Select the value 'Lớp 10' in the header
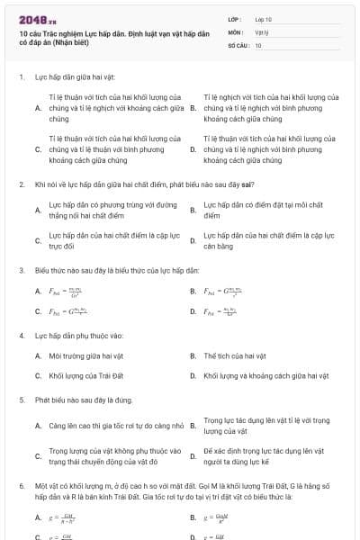tap(263, 18)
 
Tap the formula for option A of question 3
tap(64, 292)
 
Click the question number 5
tap(21, 399)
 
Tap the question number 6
tap(21, 485)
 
